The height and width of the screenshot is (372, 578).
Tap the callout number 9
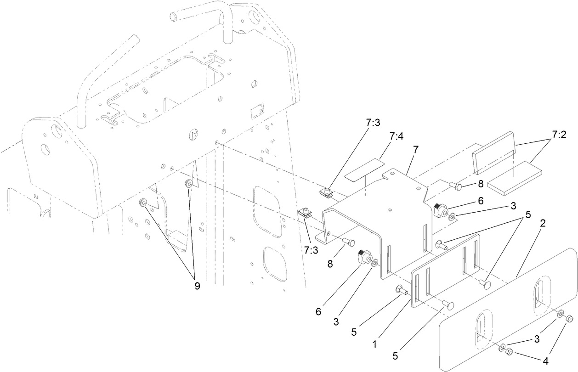pyautogui.click(x=197, y=285)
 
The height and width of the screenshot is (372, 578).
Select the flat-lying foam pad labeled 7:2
pyautogui.click(x=514, y=178)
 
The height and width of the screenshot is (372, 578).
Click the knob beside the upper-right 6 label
pyautogui.click(x=441, y=211)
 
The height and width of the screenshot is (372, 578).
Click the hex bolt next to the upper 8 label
pyautogui.click(x=457, y=186)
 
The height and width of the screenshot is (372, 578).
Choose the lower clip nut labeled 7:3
pyautogui.click(x=306, y=213)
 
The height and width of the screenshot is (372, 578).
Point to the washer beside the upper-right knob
pyautogui.click(x=453, y=216)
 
